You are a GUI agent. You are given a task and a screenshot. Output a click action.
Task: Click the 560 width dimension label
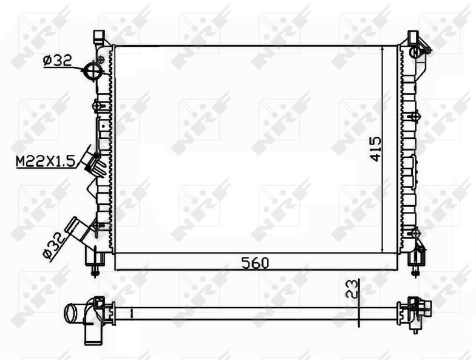click(x=255, y=263)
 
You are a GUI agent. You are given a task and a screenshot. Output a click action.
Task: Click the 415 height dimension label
click(x=375, y=149)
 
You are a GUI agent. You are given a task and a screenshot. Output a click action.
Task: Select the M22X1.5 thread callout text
click(x=45, y=161)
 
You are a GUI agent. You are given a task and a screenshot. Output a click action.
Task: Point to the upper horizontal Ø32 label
click(x=57, y=61)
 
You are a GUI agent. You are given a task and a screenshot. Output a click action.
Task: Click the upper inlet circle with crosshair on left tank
click(x=92, y=70)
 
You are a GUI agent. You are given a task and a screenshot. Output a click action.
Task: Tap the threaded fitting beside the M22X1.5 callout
click(x=97, y=165)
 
